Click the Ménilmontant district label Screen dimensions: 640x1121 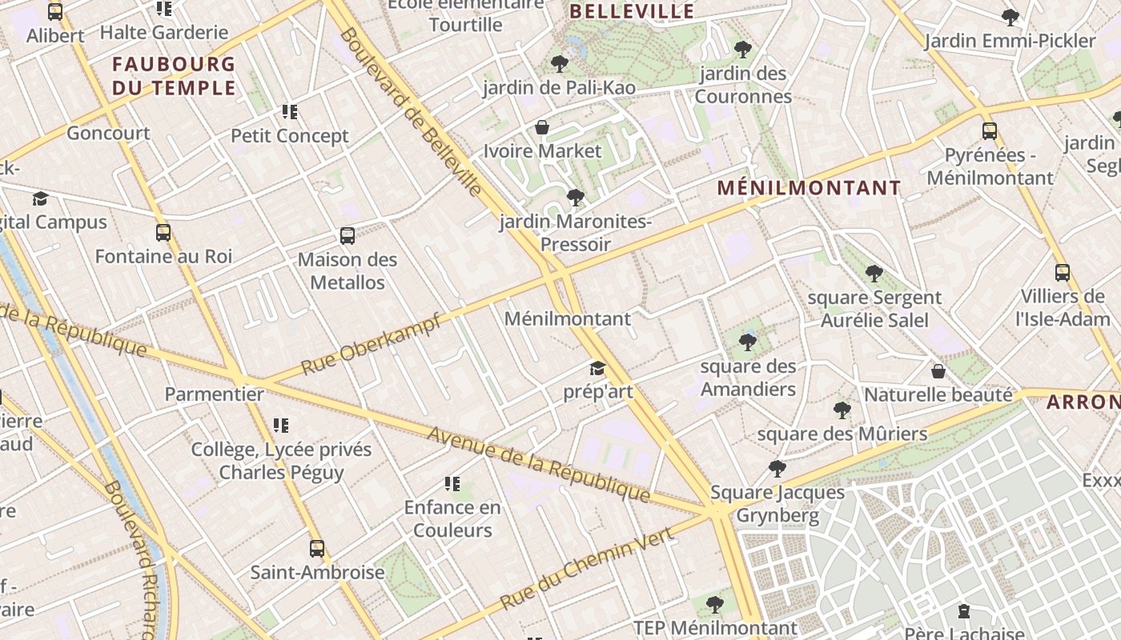tap(809, 188)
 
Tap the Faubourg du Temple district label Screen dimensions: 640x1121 tap(174, 75)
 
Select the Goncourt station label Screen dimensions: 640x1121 tap(108, 133)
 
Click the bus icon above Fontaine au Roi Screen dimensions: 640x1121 tap(163, 233)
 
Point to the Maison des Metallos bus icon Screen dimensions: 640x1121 tap(348, 235)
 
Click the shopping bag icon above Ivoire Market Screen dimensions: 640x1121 tap(542, 127)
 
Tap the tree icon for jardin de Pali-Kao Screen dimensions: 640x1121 tap(560, 63)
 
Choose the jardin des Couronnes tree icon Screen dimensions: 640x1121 tap(743, 50)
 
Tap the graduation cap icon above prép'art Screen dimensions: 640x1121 tap(597, 368)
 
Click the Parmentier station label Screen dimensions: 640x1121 tap(214, 394)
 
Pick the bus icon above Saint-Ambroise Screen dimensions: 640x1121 tap(317, 549)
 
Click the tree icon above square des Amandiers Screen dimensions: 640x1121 tap(748, 342)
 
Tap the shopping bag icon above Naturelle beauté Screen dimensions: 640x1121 tap(938, 371)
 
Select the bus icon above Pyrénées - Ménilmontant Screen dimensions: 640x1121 tap(990, 130)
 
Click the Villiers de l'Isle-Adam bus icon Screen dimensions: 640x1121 tap(1062, 273)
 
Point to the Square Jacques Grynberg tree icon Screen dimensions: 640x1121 tap(777, 469)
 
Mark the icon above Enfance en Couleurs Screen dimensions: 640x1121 tap(452, 484)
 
